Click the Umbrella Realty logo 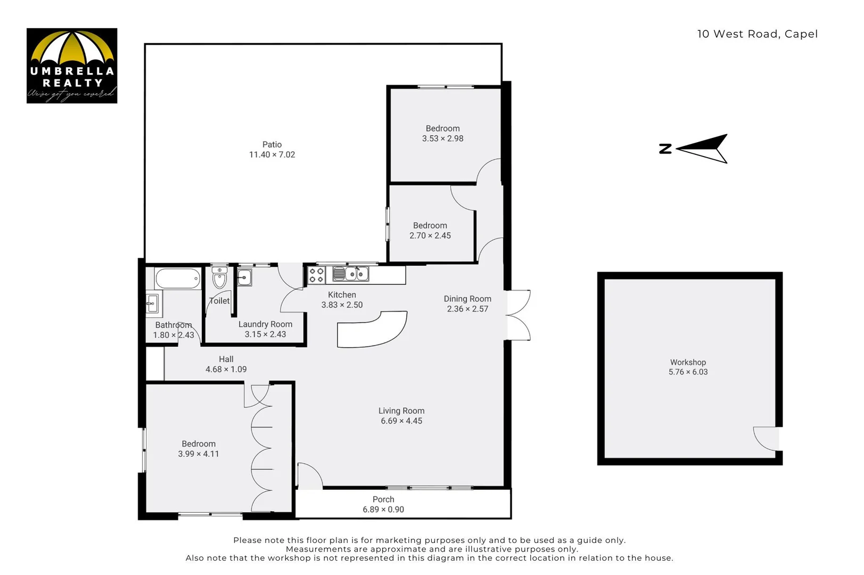[x=72, y=65]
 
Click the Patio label [x=271, y=144]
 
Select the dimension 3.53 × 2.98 [x=442, y=138]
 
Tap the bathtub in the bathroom [x=178, y=278]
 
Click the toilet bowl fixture [x=219, y=278]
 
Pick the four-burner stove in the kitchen [x=317, y=275]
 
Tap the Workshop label [x=688, y=362]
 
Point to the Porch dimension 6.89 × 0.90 [x=383, y=510]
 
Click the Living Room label [x=401, y=410]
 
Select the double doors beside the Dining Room [x=519, y=315]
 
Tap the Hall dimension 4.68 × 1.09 [x=226, y=369]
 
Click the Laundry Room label [x=265, y=324]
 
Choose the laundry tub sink [x=244, y=277]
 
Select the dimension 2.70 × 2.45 [x=430, y=235]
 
